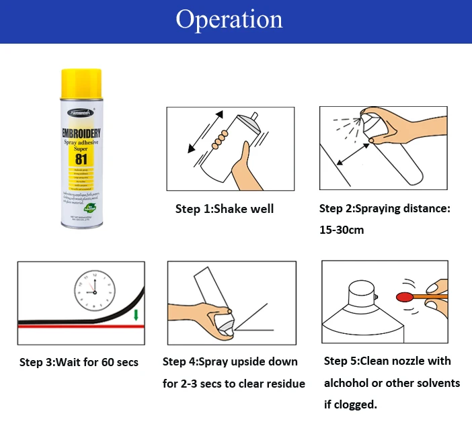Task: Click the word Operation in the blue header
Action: (x=229, y=19)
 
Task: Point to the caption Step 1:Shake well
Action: (x=224, y=209)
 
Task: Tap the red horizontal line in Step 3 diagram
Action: (x=81, y=326)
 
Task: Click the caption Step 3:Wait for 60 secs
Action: (x=79, y=362)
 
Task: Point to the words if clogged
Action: (x=350, y=404)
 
